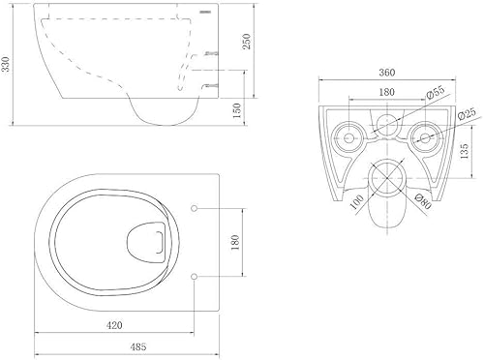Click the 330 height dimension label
(x=7, y=64)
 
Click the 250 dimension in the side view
(x=247, y=41)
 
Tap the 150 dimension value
(x=237, y=110)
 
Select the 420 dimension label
(x=114, y=325)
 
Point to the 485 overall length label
(x=138, y=346)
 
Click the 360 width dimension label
(x=386, y=73)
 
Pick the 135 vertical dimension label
(x=464, y=152)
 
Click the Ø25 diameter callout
(x=467, y=114)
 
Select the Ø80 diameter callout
(x=422, y=201)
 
